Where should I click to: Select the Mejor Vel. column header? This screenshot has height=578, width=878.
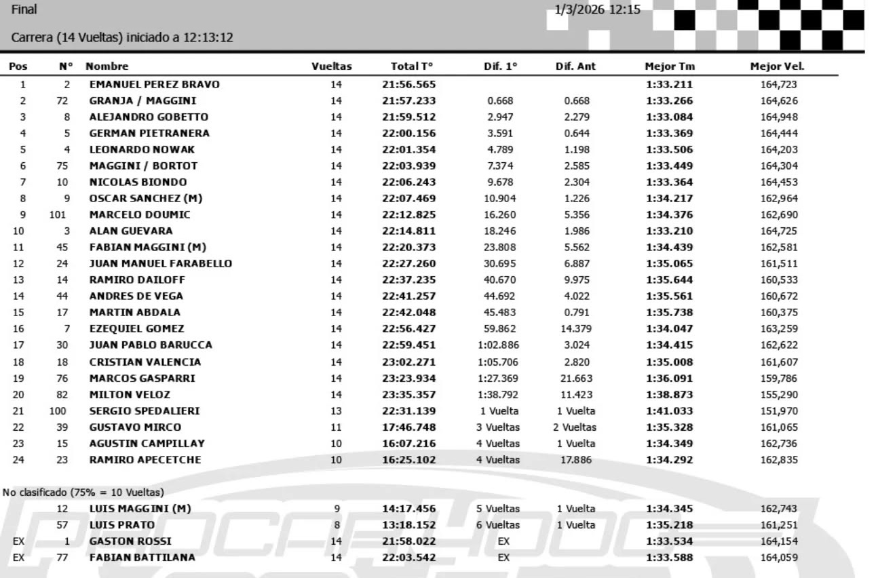click(777, 66)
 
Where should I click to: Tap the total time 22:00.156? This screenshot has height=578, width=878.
click(408, 134)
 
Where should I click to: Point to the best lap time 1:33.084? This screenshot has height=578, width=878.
click(669, 117)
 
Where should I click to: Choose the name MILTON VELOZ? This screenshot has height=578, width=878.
click(130, 395)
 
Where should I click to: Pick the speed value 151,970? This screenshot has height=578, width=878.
click(778, 411)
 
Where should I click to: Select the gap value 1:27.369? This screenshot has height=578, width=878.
click(499, 379)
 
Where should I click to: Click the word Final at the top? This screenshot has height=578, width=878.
click(24, 10)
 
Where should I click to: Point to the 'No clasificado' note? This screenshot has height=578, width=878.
click(83, 493)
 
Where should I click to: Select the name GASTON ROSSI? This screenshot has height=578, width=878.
click(130, 541)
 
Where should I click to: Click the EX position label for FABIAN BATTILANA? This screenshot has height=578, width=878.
click(18, 558)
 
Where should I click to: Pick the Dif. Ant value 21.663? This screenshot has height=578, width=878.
click(575, 379)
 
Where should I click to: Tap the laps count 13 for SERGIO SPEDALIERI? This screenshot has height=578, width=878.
click(337, 411)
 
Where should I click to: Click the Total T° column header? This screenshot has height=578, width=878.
click(412, 66)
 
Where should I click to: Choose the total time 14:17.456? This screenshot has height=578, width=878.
click(408, 509)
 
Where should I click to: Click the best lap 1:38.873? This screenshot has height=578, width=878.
click(669, 395)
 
